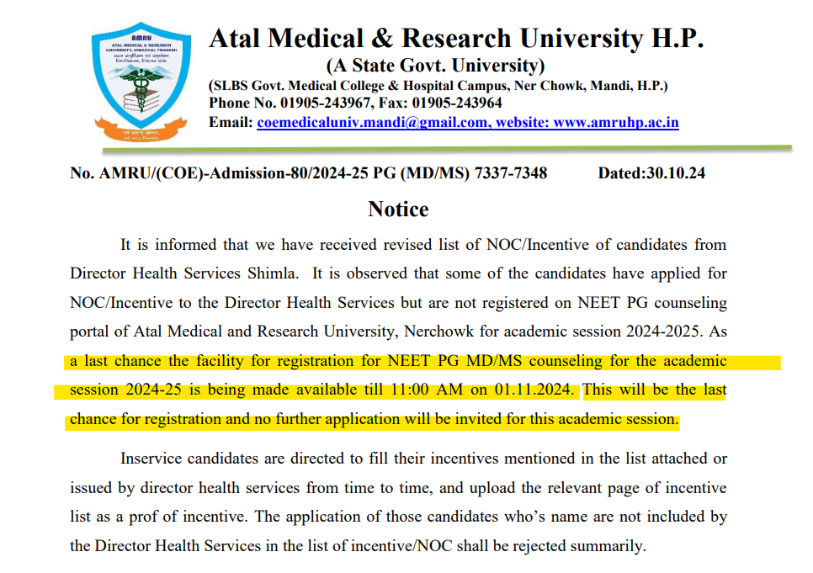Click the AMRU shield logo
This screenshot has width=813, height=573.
[140, 83]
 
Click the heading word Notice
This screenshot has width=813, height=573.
[398, 210]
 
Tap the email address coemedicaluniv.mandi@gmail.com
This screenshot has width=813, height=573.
[372, 123]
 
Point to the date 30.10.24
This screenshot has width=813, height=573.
[675, 174]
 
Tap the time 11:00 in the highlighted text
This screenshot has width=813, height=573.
[417, 390]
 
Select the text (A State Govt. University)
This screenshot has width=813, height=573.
[435, 66]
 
